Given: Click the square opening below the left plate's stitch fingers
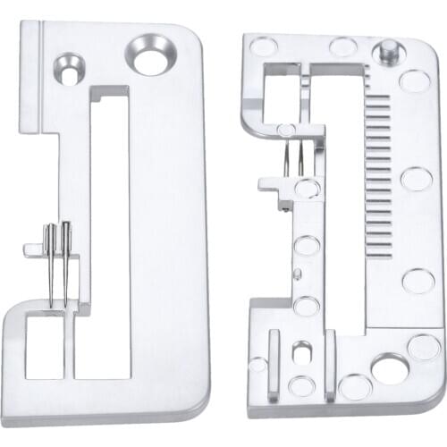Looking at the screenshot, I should [44, 343].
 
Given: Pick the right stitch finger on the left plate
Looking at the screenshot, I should [64, 264].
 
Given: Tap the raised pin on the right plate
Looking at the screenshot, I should [390, 51].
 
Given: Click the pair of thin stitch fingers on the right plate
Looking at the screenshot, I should [295, 161].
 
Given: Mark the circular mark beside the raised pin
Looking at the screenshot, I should [414, 80].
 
